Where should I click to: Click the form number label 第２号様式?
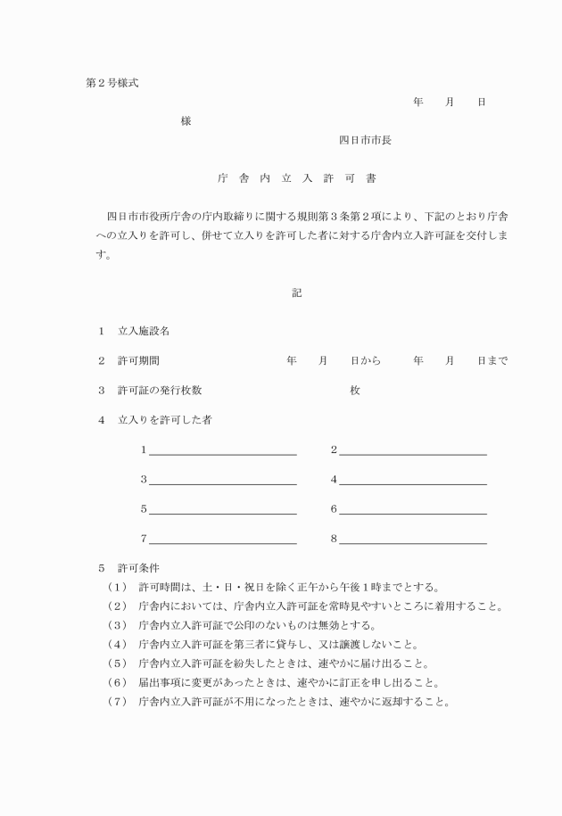112,83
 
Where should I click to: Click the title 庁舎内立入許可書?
296,178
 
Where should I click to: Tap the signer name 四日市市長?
365,140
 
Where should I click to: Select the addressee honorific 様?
186,121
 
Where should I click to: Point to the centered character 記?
296,293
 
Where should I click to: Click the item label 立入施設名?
144,331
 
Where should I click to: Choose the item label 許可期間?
138,361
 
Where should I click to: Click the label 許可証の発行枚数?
160,391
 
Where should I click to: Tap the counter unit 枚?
354,391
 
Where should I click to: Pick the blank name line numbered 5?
222,511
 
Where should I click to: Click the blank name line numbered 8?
412,540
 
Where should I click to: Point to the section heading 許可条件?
138,567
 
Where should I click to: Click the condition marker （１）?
118,587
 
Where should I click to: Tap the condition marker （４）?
118,644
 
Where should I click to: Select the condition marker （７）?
118,701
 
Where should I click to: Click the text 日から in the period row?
365,361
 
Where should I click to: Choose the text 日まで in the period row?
492,361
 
